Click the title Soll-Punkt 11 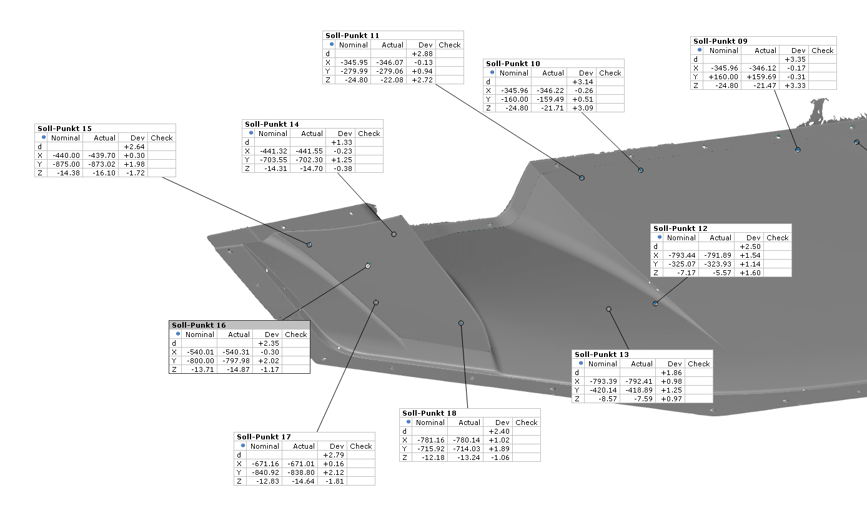352,36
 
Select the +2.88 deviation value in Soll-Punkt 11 422,54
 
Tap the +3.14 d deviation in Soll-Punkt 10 583,82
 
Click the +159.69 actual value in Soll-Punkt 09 761,77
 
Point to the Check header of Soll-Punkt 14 369,134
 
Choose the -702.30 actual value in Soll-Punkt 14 309,160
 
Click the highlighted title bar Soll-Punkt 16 239,325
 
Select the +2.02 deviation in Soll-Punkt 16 269,361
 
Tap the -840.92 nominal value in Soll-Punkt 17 265,472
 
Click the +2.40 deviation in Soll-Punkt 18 499,431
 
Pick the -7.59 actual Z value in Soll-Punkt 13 643,399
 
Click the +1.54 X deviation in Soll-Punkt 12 750,255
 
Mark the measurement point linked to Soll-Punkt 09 798,150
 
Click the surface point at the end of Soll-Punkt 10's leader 641,170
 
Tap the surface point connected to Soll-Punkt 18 461,323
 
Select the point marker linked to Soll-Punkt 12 655,304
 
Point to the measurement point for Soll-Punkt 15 309,245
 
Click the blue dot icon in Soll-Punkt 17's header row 243,446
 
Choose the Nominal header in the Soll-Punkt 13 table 602,364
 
